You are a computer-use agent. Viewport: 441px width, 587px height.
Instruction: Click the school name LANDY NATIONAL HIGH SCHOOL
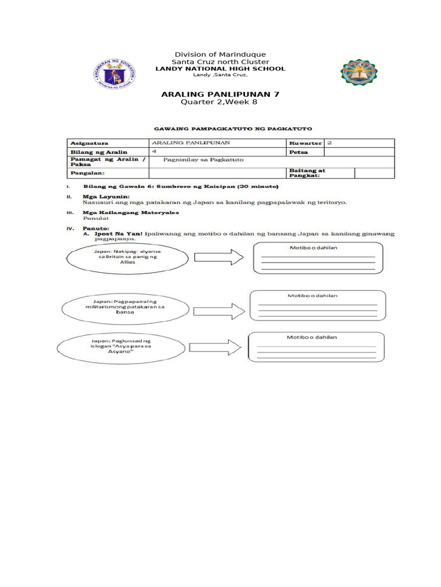221,69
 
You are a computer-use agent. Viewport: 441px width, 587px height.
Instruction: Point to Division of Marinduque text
221,54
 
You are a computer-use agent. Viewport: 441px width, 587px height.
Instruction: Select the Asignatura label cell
107,143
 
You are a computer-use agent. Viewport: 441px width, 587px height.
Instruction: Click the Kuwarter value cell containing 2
359,143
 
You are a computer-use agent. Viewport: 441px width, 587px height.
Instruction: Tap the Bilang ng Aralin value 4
216,152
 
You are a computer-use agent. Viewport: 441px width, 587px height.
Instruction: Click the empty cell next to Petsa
359,152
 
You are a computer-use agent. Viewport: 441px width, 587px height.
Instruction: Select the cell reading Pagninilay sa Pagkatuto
204,160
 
